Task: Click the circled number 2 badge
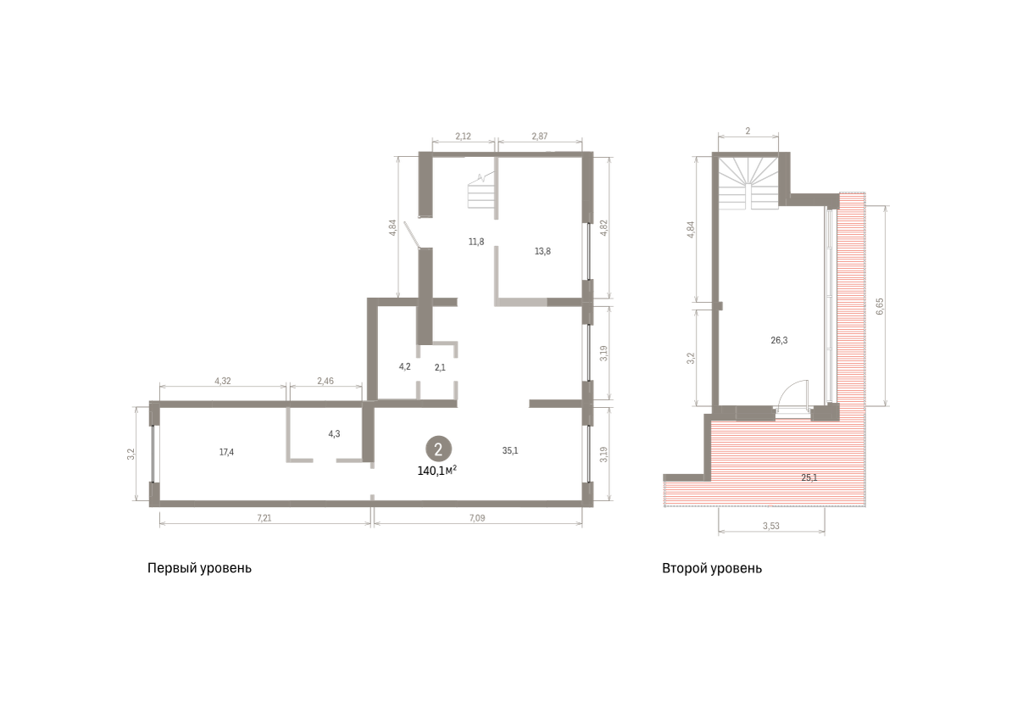[438, 449]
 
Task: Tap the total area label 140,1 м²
[436, 471]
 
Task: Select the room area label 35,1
[510, 450]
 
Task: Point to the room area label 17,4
[226, 452]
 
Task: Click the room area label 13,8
[542, 251]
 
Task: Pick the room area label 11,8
[476, 242]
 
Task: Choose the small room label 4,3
[334, 433]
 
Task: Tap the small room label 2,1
[440, 367]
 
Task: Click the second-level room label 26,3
[779, 340]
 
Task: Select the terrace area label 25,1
[809, 477]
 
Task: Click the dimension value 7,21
[264, 517]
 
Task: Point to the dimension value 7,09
[477, 517]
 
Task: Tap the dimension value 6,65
[880, 306]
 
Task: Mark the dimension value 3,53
[771, 526]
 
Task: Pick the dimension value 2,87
[539, 136]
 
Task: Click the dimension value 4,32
[222, 381]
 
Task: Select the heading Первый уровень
[199, 568]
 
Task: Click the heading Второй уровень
[712, 568]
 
